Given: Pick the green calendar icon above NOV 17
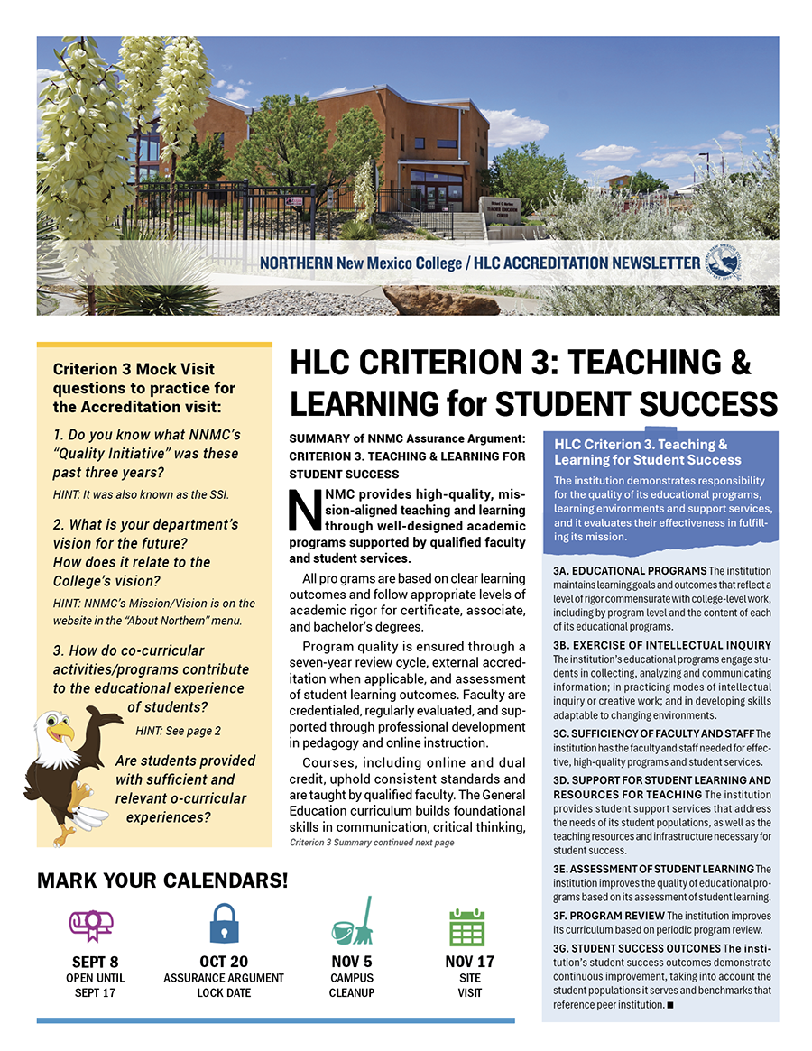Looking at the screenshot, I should pos(467,926).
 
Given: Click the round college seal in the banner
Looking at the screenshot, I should pos(723,263).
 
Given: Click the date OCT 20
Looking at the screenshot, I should pos(224,962).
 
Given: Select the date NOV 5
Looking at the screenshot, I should pos(352,962).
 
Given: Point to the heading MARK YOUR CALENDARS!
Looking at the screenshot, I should pos(162,880).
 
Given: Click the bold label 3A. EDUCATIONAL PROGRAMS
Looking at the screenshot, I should pos(630,571).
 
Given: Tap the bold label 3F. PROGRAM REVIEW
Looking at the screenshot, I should pos(609,916).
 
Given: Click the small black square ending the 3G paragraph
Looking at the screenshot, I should pos(669,1004).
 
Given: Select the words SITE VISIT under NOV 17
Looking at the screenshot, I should pos(469,985).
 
